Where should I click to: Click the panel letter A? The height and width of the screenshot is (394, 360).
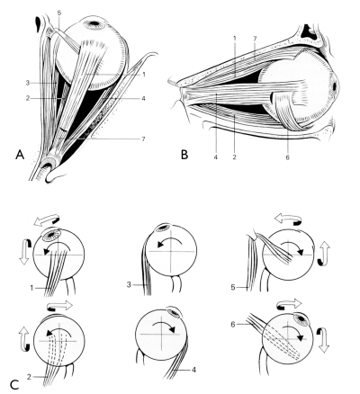click(x=20, y=155)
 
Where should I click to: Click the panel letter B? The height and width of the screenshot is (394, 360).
click(x=184, y=155)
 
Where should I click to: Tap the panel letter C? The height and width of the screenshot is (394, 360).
click(x=15, y=385)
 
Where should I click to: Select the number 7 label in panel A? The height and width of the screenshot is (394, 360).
click(x=143, y=139)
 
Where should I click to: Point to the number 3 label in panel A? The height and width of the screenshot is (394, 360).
click(x=28, y=83)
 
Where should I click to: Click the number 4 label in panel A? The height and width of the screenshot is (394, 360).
click(x=143, y=98)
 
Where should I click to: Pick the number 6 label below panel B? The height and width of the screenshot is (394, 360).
click(x=287, y=157)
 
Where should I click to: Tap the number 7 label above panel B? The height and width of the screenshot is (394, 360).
click(x=254, y=39)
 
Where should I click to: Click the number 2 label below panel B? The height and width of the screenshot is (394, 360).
click(x=234, y=157)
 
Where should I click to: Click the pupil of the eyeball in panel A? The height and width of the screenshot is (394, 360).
click(x=94, y=22)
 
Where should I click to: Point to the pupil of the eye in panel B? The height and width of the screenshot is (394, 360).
click(x=335, y=85)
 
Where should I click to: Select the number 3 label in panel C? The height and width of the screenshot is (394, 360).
click(x=129, y=284)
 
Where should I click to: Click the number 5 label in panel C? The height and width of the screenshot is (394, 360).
click(x=233, y=288)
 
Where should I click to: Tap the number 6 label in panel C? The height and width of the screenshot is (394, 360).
click(x=233, y=324)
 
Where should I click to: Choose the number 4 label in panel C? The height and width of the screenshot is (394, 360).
click(x=193, y=370)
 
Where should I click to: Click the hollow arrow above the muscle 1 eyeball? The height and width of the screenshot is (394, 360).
click(x=46, y=219)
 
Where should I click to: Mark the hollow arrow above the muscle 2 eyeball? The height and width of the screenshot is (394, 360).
click(x=59, y=306)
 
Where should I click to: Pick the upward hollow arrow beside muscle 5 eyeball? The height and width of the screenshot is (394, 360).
click(x=323, y=254)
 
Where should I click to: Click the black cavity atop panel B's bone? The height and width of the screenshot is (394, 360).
click(x=310, y=31)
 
